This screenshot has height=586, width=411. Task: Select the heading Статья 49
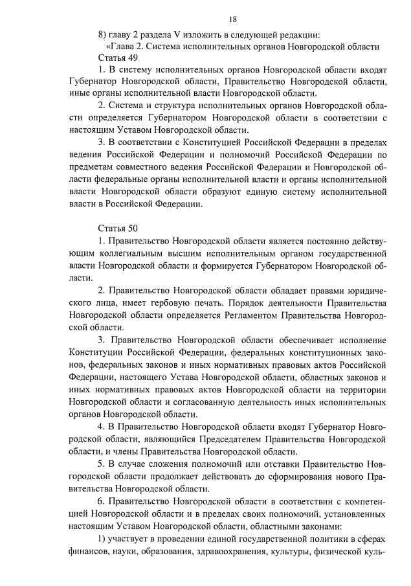[x=117, y=58]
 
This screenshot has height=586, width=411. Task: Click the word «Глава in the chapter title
[x=120, y=46]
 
